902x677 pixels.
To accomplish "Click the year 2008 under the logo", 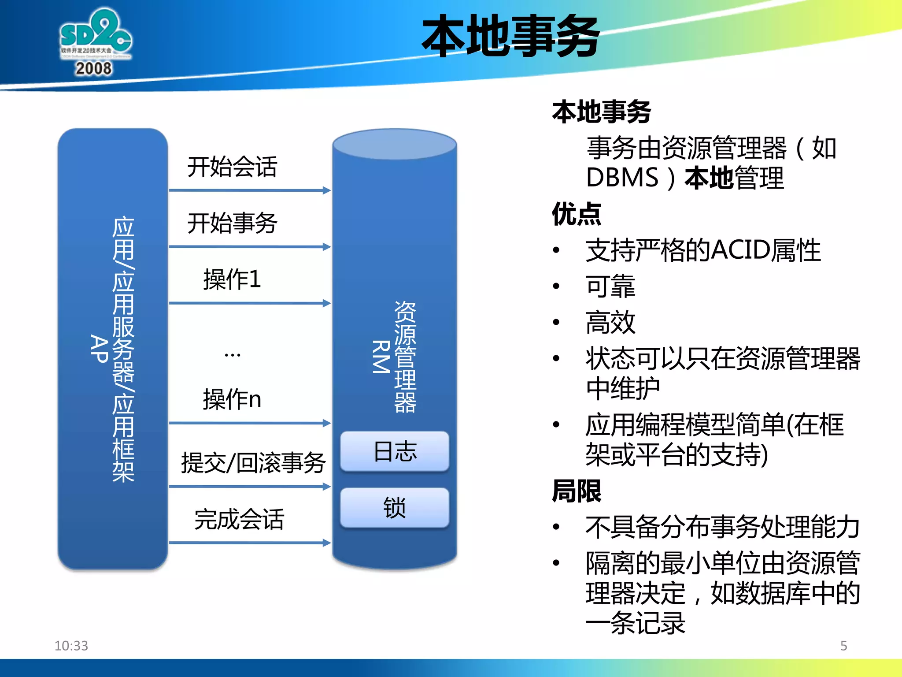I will click(x=93, y=69).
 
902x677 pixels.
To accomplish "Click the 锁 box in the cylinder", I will click(x=395, y=508).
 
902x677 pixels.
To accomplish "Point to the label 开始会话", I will click(x=232, y=167).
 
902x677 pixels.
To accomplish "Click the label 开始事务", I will click(x=232, y=223).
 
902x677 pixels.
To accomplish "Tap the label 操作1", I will click(x=232, y=279).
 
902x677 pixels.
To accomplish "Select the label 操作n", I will click(x=232, y=399).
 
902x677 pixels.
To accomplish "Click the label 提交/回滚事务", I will click(x=253, y=463).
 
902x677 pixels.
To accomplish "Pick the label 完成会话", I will click(x=239, y=519).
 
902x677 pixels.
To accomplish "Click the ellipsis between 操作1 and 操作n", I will click(x=232, y=354).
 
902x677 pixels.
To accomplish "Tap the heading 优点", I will click(x=576, y=214).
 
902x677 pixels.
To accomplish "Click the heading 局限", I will click(x=576, y=491).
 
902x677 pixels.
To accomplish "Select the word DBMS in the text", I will click(x=622, y=178).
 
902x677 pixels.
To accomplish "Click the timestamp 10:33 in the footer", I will click(x=71, y=646).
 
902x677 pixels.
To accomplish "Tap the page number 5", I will click(x=843, y=646).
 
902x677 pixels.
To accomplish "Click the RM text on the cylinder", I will click(x=381, y=357).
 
